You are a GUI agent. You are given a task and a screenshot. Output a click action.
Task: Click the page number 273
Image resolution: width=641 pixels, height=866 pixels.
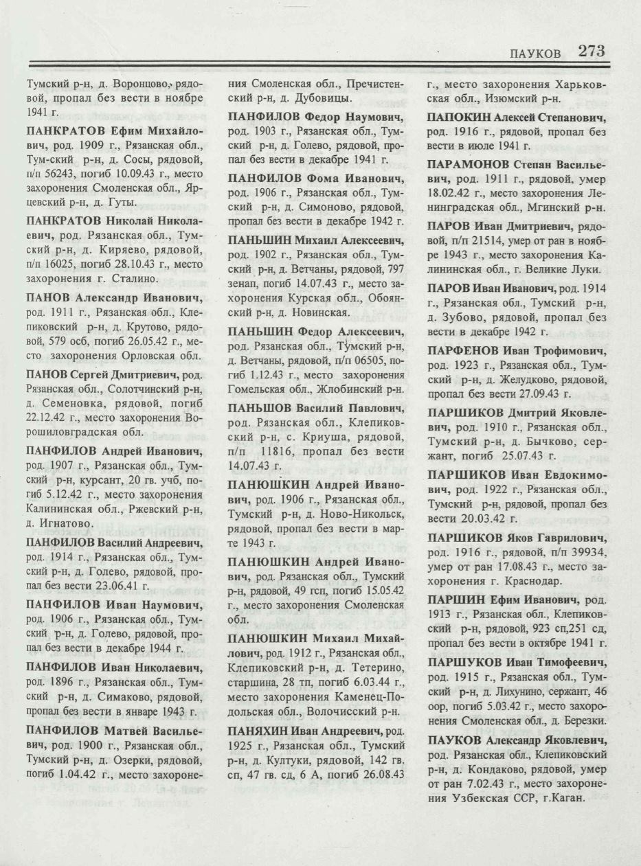coord(591,51)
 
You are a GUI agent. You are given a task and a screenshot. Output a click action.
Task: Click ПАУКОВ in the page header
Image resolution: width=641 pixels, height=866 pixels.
coord(535,54)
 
